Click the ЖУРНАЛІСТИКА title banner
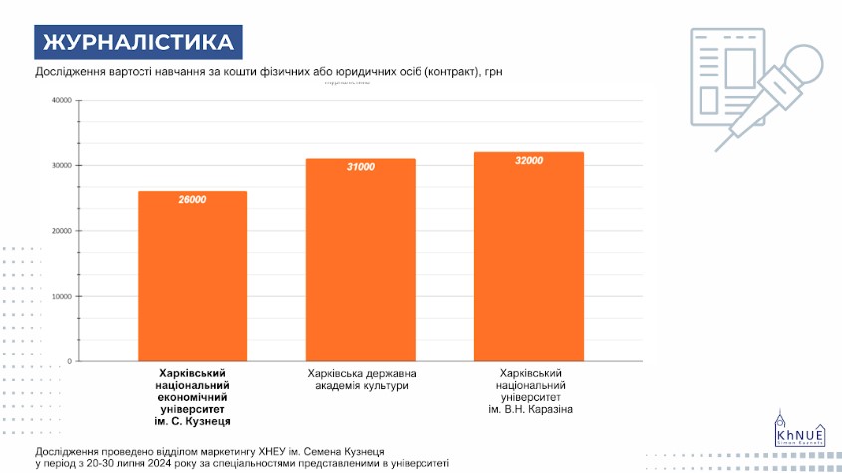pyautogui.click(x=139, y=42)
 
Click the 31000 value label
pyautogui.click(x=360, y=167)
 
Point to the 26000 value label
pyautogui.click(x=192, y=200)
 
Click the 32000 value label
pyautogui.click(x=528, y=161)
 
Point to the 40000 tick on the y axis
pyautogui.click(x=61, y=100)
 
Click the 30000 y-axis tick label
pyautogui.click(x=61, y=165)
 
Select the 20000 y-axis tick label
pyautogui.click(x=61, y=231)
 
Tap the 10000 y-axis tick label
pyautogui.click(x=61, y=296)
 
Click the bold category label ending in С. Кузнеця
pyautogui.click(x=193, y=396)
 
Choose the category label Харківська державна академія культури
pyautogui.click(x=360, y=378)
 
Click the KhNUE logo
pyautogui.click(x=797, y=430)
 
